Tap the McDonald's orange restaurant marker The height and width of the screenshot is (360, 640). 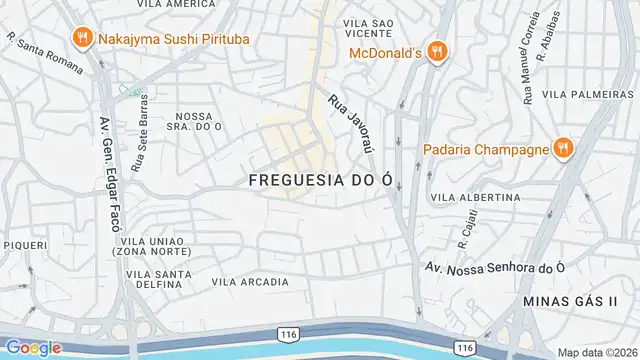click(435, 51)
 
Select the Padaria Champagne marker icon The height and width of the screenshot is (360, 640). click(563, 149)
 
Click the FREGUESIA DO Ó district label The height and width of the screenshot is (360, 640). click(317, 180)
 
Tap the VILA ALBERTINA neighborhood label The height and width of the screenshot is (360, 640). click(475, 198)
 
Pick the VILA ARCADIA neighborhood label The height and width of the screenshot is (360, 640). click(249, 282)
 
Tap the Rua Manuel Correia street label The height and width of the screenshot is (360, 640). click(527, 72)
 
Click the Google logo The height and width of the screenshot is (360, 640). click(33, 348)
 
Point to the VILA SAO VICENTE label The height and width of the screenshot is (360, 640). click(366, 28)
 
